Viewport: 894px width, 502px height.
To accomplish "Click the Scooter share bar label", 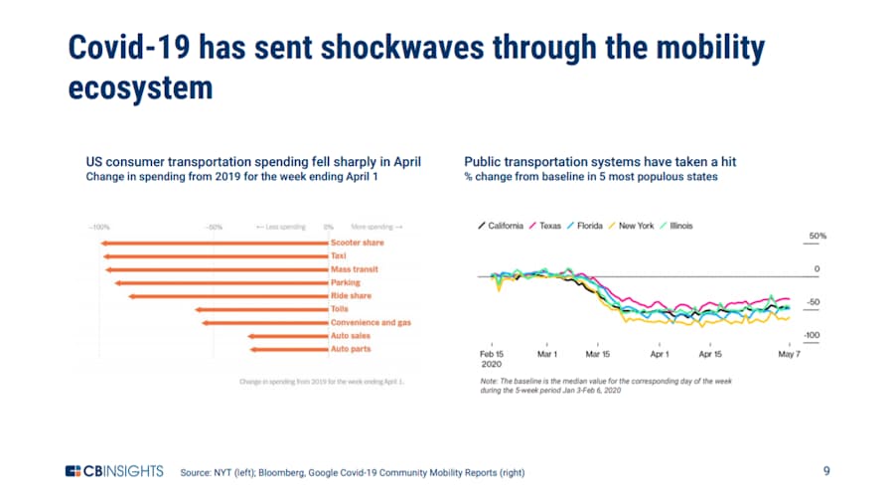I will [x=357, y=243].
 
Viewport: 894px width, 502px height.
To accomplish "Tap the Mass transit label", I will [x=354, y=269].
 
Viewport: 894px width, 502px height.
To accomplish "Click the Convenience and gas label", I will [x=371, y=322].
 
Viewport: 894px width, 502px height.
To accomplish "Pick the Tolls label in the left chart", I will [x=339, y=309].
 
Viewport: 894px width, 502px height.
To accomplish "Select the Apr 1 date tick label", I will [x=659, y=354].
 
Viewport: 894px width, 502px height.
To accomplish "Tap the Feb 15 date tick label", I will [x=493, y=354].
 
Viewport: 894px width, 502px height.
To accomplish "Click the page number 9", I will [x=826, y=471].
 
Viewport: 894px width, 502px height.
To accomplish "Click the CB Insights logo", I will [x=114, y=471].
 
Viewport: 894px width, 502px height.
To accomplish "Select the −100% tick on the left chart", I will [x=99, y=227].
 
